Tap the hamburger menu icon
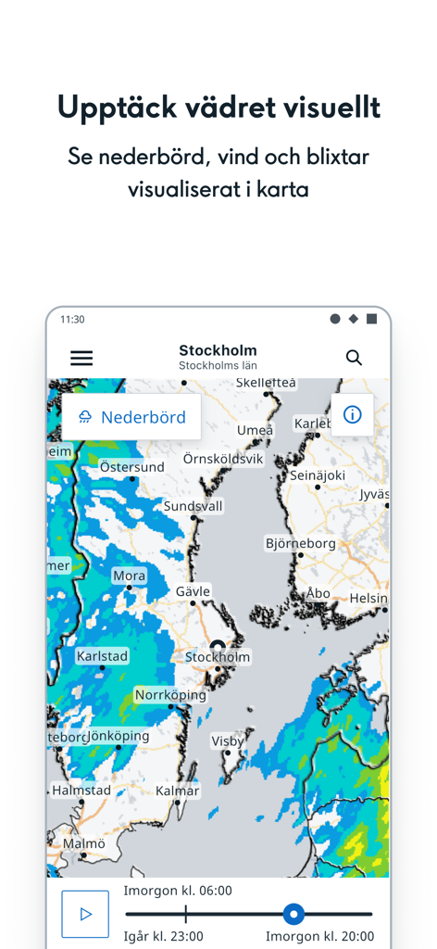pos(81,358)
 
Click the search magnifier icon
pos(354,358)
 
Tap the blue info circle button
pos(352,415)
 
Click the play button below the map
pos(85,914)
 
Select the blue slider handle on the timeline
pos(293,915)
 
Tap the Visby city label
pos(228,740)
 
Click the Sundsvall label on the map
pos(193,506)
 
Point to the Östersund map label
pos(132,467)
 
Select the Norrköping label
pos(170,694)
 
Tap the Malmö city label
pos(84,843)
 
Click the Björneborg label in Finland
pos(300,543)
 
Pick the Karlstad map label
pos(102,656)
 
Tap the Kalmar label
pos(177,791)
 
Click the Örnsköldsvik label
pos(223,459)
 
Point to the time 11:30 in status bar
pos(72,319)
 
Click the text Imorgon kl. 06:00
pos(178,891)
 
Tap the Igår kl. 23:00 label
pos(163,936)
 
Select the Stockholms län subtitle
pos(218,366)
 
